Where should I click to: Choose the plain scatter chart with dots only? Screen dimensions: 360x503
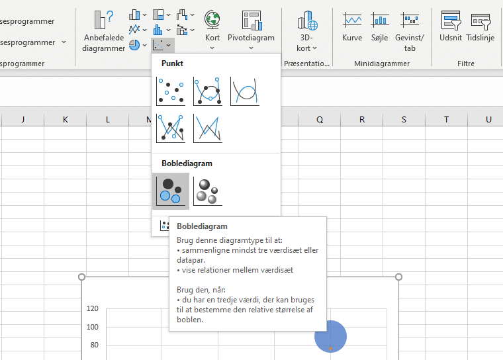click(171, 91)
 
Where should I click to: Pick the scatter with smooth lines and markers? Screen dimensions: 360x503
click(208, 91)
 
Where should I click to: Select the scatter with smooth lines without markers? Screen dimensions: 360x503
click(245, 91)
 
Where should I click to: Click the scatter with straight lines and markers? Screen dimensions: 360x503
click(171, 128)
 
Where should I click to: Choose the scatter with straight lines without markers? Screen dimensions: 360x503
click(208, 128)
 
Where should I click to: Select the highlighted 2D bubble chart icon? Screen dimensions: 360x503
click(171, 191)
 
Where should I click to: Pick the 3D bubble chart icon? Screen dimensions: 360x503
click(208, 191)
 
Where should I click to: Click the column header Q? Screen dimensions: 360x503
click(320, 119)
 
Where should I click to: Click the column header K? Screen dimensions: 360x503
click(65, 119)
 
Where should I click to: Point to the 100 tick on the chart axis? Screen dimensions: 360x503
click(92, 327)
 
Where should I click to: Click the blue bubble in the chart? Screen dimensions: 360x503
click(330, 336)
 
